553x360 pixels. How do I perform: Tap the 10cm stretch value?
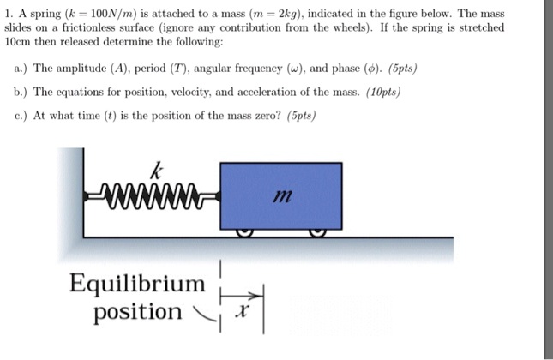point(18,41)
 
